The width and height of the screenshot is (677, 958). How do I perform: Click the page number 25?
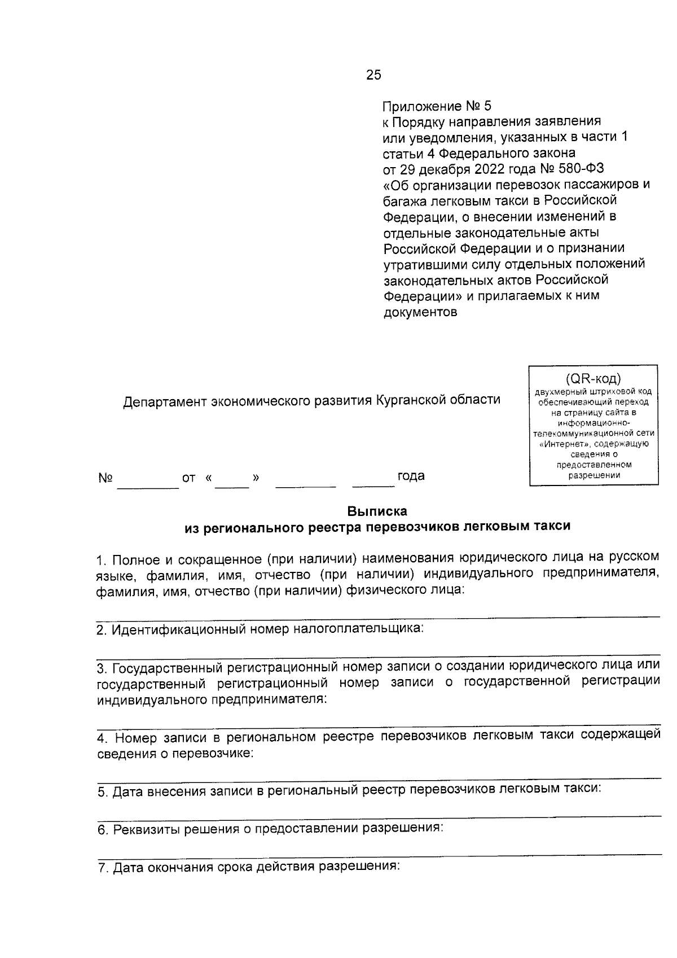(373, 75)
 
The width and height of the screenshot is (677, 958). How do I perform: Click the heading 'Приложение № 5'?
(437, 106)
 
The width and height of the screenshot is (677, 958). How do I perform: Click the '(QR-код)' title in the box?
(593, 378)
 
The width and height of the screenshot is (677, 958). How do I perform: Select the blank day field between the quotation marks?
(232, 484)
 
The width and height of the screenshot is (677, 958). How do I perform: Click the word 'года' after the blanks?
(411, 476)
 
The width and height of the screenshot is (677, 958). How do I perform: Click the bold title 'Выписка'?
(377, 511)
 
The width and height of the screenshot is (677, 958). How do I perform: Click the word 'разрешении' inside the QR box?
(594, 475)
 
